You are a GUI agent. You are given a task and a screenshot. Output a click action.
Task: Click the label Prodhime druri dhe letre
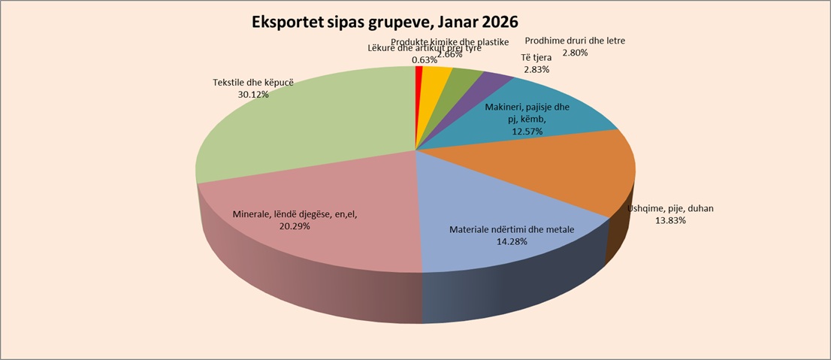tap(576, 41)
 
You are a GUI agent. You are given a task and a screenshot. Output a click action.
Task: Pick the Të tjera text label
tap(537, 58)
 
